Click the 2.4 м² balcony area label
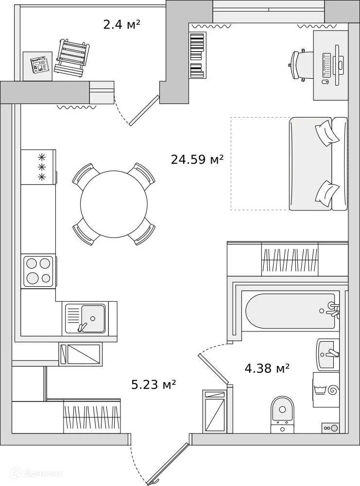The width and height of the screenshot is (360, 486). coord(122,24)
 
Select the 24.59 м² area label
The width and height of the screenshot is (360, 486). coord(197,159)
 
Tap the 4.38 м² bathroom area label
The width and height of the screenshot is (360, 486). coord(267,368)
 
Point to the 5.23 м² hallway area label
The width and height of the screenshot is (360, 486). coord(154,384)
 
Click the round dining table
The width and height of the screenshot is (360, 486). coord(114,204)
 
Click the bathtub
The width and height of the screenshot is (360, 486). coord(291,311)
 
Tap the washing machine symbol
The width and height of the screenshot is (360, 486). coord(326,390)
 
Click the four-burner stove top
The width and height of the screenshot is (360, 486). coord(38,271)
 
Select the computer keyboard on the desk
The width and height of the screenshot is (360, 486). coord(326,65)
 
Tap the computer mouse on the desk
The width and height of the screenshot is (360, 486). coord(325,82)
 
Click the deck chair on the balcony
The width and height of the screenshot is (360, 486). coord(72,56)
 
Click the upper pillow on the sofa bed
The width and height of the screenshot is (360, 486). coord(326,133)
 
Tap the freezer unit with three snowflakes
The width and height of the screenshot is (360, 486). coord(38,167)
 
